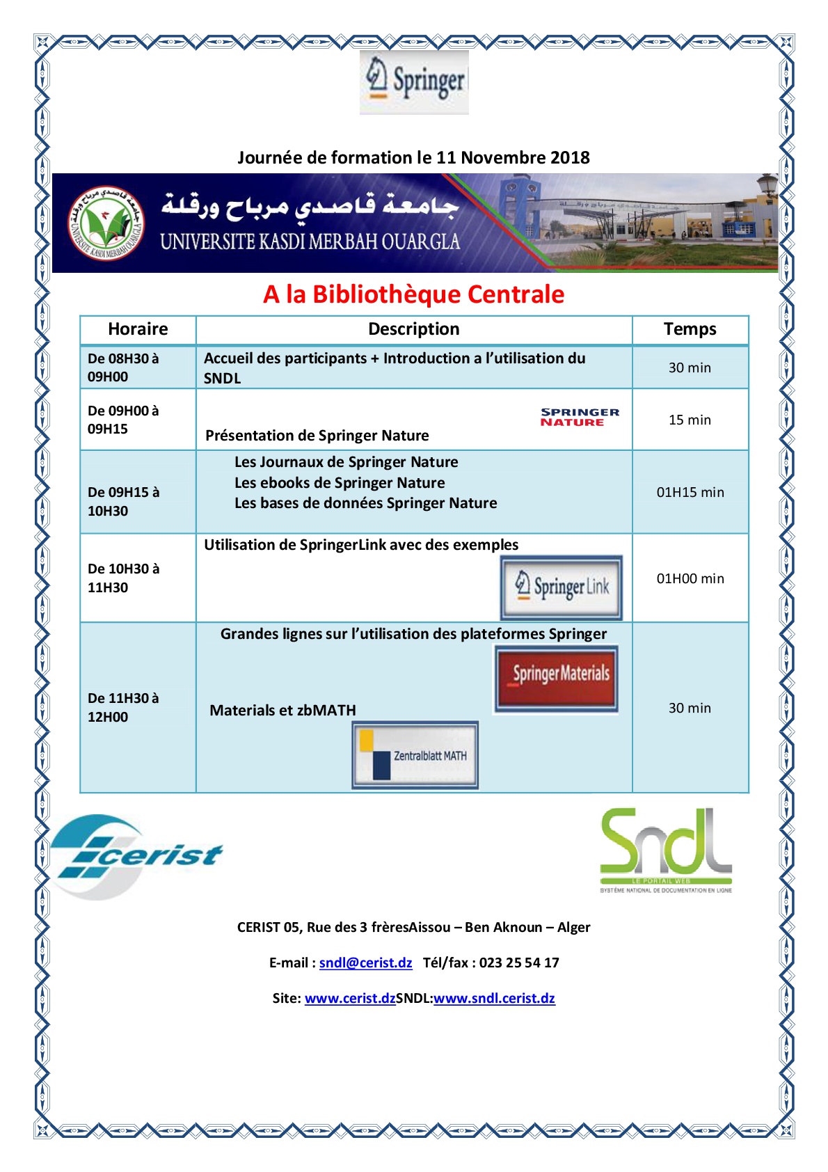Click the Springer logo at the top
click(415, 82)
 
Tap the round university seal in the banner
click(106, 223)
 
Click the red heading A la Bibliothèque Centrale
click(413, 294)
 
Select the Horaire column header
click(138, 329)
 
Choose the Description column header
click(413, 329)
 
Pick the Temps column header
click(690, 329)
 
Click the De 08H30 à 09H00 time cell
click(123, 367)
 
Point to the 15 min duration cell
click(690, 420)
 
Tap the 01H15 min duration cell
click(690, 492)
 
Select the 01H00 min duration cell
click(690, 578)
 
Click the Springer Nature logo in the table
click(580, 417)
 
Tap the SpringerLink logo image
click(562, 587)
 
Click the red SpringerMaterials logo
click(557, 679)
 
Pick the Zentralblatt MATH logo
click(415, 755)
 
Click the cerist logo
click(136, 856)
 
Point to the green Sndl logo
click(666, 850)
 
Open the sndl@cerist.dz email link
click(365, 963)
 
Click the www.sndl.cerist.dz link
click(494, 998)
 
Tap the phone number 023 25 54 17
click(519, 963)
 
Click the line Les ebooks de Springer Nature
click(340, 483)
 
